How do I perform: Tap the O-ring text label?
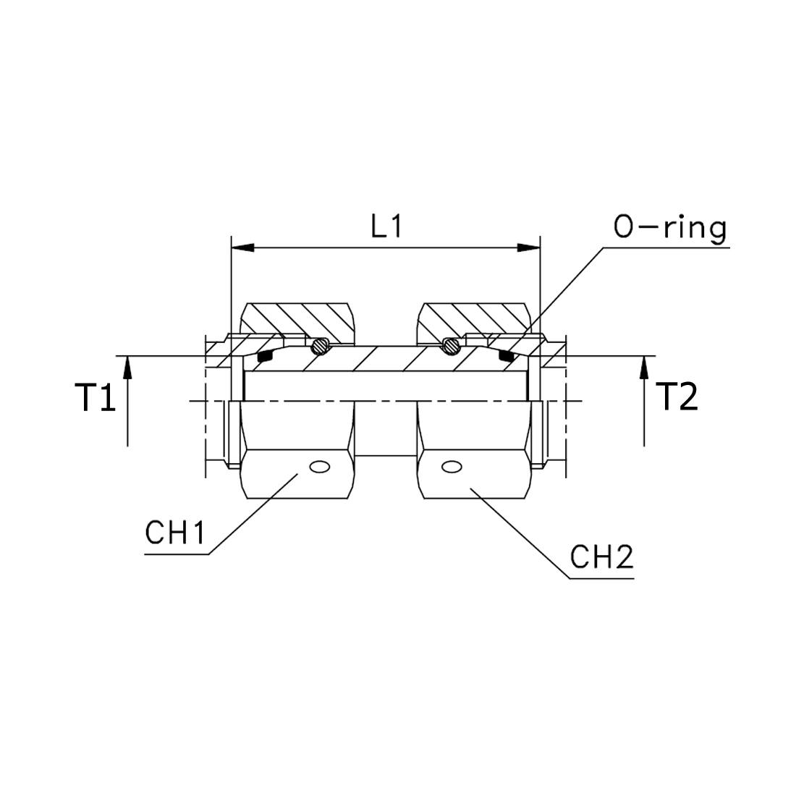click(x=669, y=229)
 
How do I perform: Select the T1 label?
click(x=96, y=397)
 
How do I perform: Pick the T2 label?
click(x=677, y=397)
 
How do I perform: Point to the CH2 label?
click(x=601, y=557)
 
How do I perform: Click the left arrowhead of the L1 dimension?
click(x=242, y=247)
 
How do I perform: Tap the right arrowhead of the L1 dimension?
click(x=528, y=247)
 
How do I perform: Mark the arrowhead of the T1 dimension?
click(x=127, y=368)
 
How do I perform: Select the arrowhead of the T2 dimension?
click(x=644, y=368)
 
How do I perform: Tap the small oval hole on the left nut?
click(x=321, y=467)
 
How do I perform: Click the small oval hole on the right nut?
click(x=451, y=467)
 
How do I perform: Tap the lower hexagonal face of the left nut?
click(x=297, y=474)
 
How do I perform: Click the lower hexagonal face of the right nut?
click(x=474, y=474)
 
